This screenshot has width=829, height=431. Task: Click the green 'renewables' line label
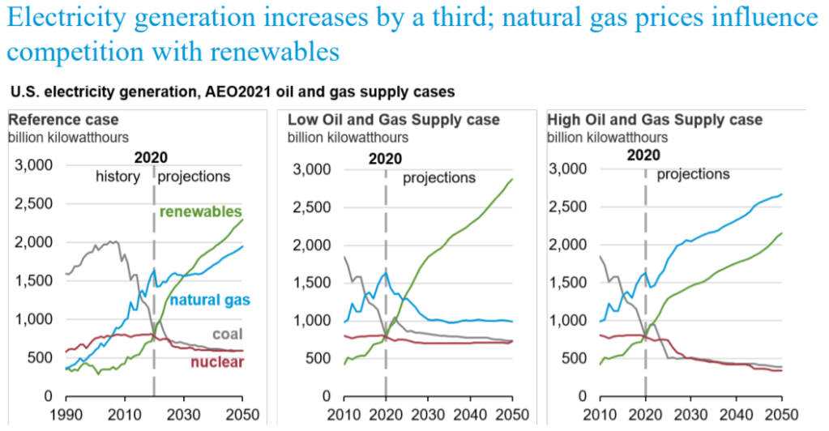(x=201, y=211)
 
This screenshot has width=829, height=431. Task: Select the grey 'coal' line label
(x=226, y=333)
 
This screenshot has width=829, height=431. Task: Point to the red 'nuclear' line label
(x=217, y=361)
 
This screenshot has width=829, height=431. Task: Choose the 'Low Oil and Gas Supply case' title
(x=394, y=120)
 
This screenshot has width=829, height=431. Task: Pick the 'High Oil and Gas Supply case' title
(x=655, y=120)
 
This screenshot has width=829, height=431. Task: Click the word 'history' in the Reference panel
(x=118, y=176)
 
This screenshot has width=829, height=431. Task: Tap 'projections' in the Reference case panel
(x=194, y=176)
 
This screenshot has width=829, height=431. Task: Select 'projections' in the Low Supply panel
(x=439, y=177)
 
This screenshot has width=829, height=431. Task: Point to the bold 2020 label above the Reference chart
(x=151, y=157)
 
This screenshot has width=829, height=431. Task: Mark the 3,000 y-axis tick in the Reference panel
(x=34, y=165)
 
